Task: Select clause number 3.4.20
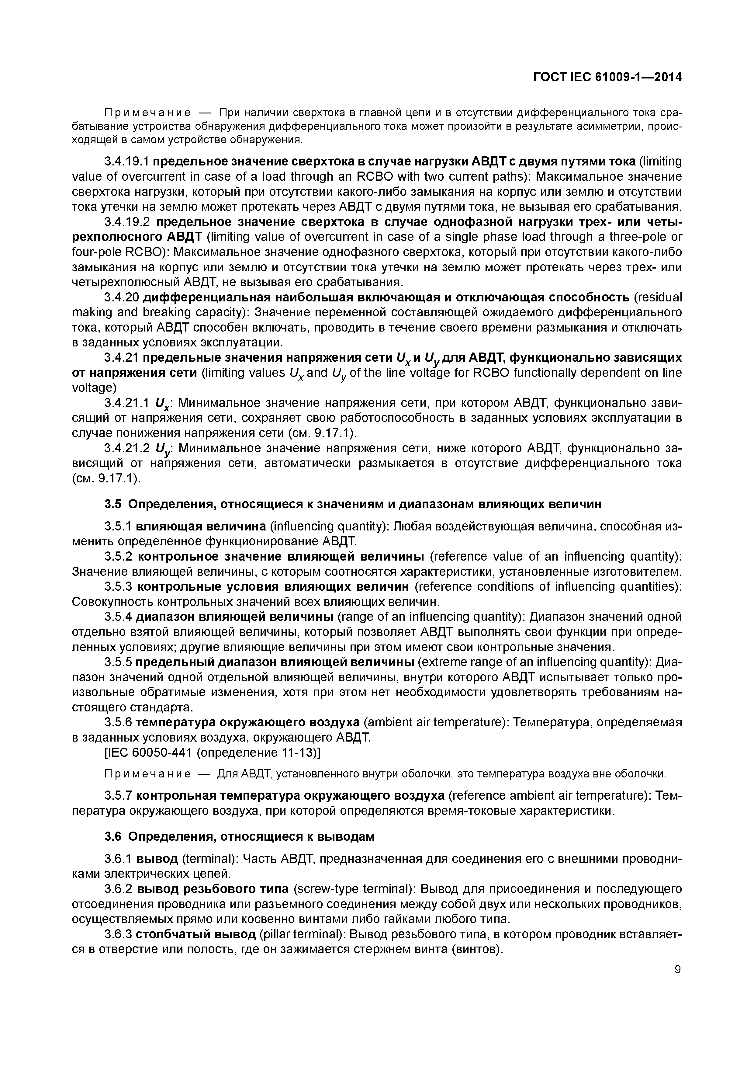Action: coord(121,297)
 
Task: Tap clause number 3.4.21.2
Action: coord(127,448)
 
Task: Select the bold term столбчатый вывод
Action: coord(195,934)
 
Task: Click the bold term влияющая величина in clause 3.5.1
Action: coord(201,527)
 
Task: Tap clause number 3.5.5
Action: coord(119,662)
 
